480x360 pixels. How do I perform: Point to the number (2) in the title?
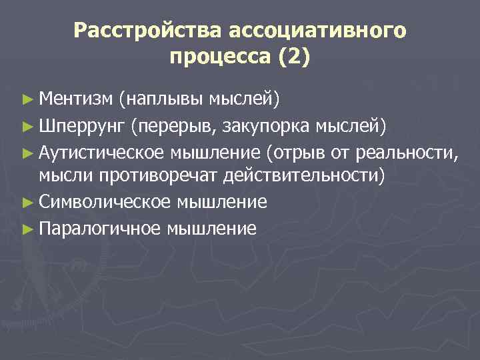289,57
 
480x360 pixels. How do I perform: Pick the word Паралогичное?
99,229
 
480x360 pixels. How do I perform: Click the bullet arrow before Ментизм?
27,101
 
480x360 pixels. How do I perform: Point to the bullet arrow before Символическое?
27,201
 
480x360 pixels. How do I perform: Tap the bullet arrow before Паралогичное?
27,229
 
